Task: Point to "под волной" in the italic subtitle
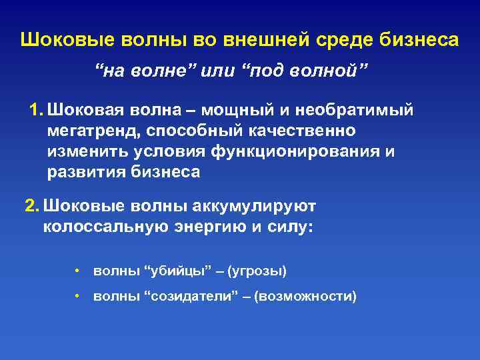point(308,71)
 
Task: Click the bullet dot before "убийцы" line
point(78,271)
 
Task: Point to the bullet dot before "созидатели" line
point(78,296)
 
